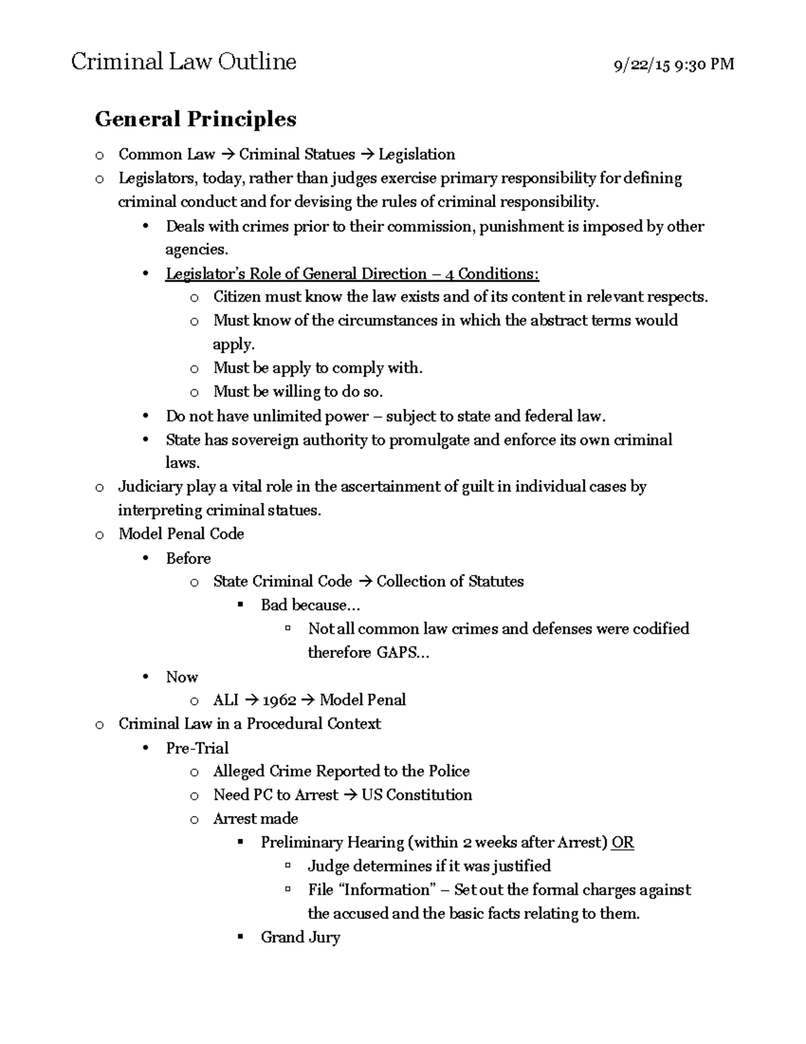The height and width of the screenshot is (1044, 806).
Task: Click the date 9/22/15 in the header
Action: [641, 65]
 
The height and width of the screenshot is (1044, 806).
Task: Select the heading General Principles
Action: [195, 119]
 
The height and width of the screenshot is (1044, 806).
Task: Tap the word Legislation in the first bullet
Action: [416, 155]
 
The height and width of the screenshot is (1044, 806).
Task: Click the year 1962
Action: [279, 700]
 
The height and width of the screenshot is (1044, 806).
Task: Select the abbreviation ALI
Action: [226, 700]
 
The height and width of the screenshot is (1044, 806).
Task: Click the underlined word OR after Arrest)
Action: [623, 842]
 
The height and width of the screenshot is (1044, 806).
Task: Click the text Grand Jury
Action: [300, 937]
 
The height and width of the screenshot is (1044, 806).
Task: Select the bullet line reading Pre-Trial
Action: [197, 748]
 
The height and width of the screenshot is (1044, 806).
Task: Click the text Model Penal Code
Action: [181, 534]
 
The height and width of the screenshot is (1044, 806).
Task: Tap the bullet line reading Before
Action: [188, 558]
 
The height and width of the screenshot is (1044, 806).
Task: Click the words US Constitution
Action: [416, 795]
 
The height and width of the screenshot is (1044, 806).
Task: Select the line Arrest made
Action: [255, 818]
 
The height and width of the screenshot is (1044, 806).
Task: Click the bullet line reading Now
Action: [181, 676]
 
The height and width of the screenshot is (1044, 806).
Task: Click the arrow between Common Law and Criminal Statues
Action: [226, 155]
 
